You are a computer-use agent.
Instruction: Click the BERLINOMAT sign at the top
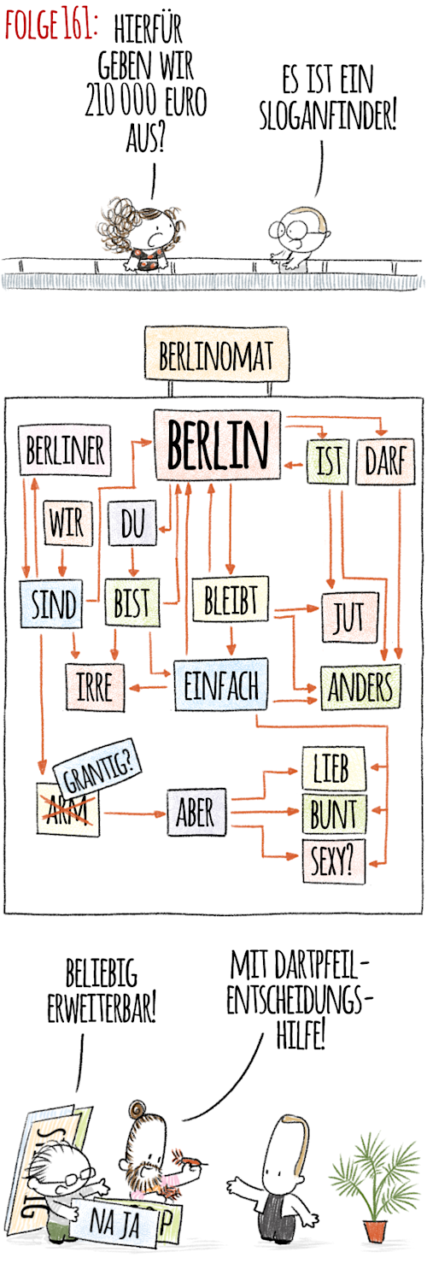(x=216, y=354)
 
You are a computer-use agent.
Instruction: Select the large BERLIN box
(x=218, y=445)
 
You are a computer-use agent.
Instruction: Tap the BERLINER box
(x=65, y=450)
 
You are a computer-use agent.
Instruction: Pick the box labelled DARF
(x=386, y=461)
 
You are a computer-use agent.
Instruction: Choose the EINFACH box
(x=220, y=685)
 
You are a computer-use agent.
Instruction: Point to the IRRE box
(x=95, y=687)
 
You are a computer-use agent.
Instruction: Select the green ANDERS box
(x=360, y=687)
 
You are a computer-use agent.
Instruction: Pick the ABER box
(x=196, y=813)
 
